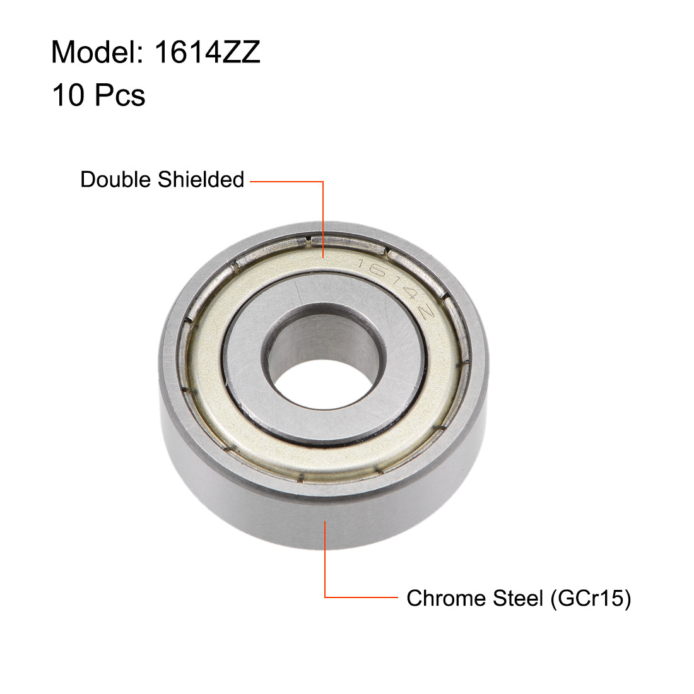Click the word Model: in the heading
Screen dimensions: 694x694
tap(97, 52)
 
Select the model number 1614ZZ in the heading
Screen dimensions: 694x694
tap(207, 52)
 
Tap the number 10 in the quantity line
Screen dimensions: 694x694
tap(68, 95)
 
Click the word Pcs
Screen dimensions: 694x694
tap(120, 95)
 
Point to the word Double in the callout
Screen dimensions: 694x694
tap(117, 180)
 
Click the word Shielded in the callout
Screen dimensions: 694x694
tap(201, 180)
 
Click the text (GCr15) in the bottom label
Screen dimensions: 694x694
tap(591, 598)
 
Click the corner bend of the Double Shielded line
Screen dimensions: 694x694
tap(324, 182)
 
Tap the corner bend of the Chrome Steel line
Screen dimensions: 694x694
tap(325, 597)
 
